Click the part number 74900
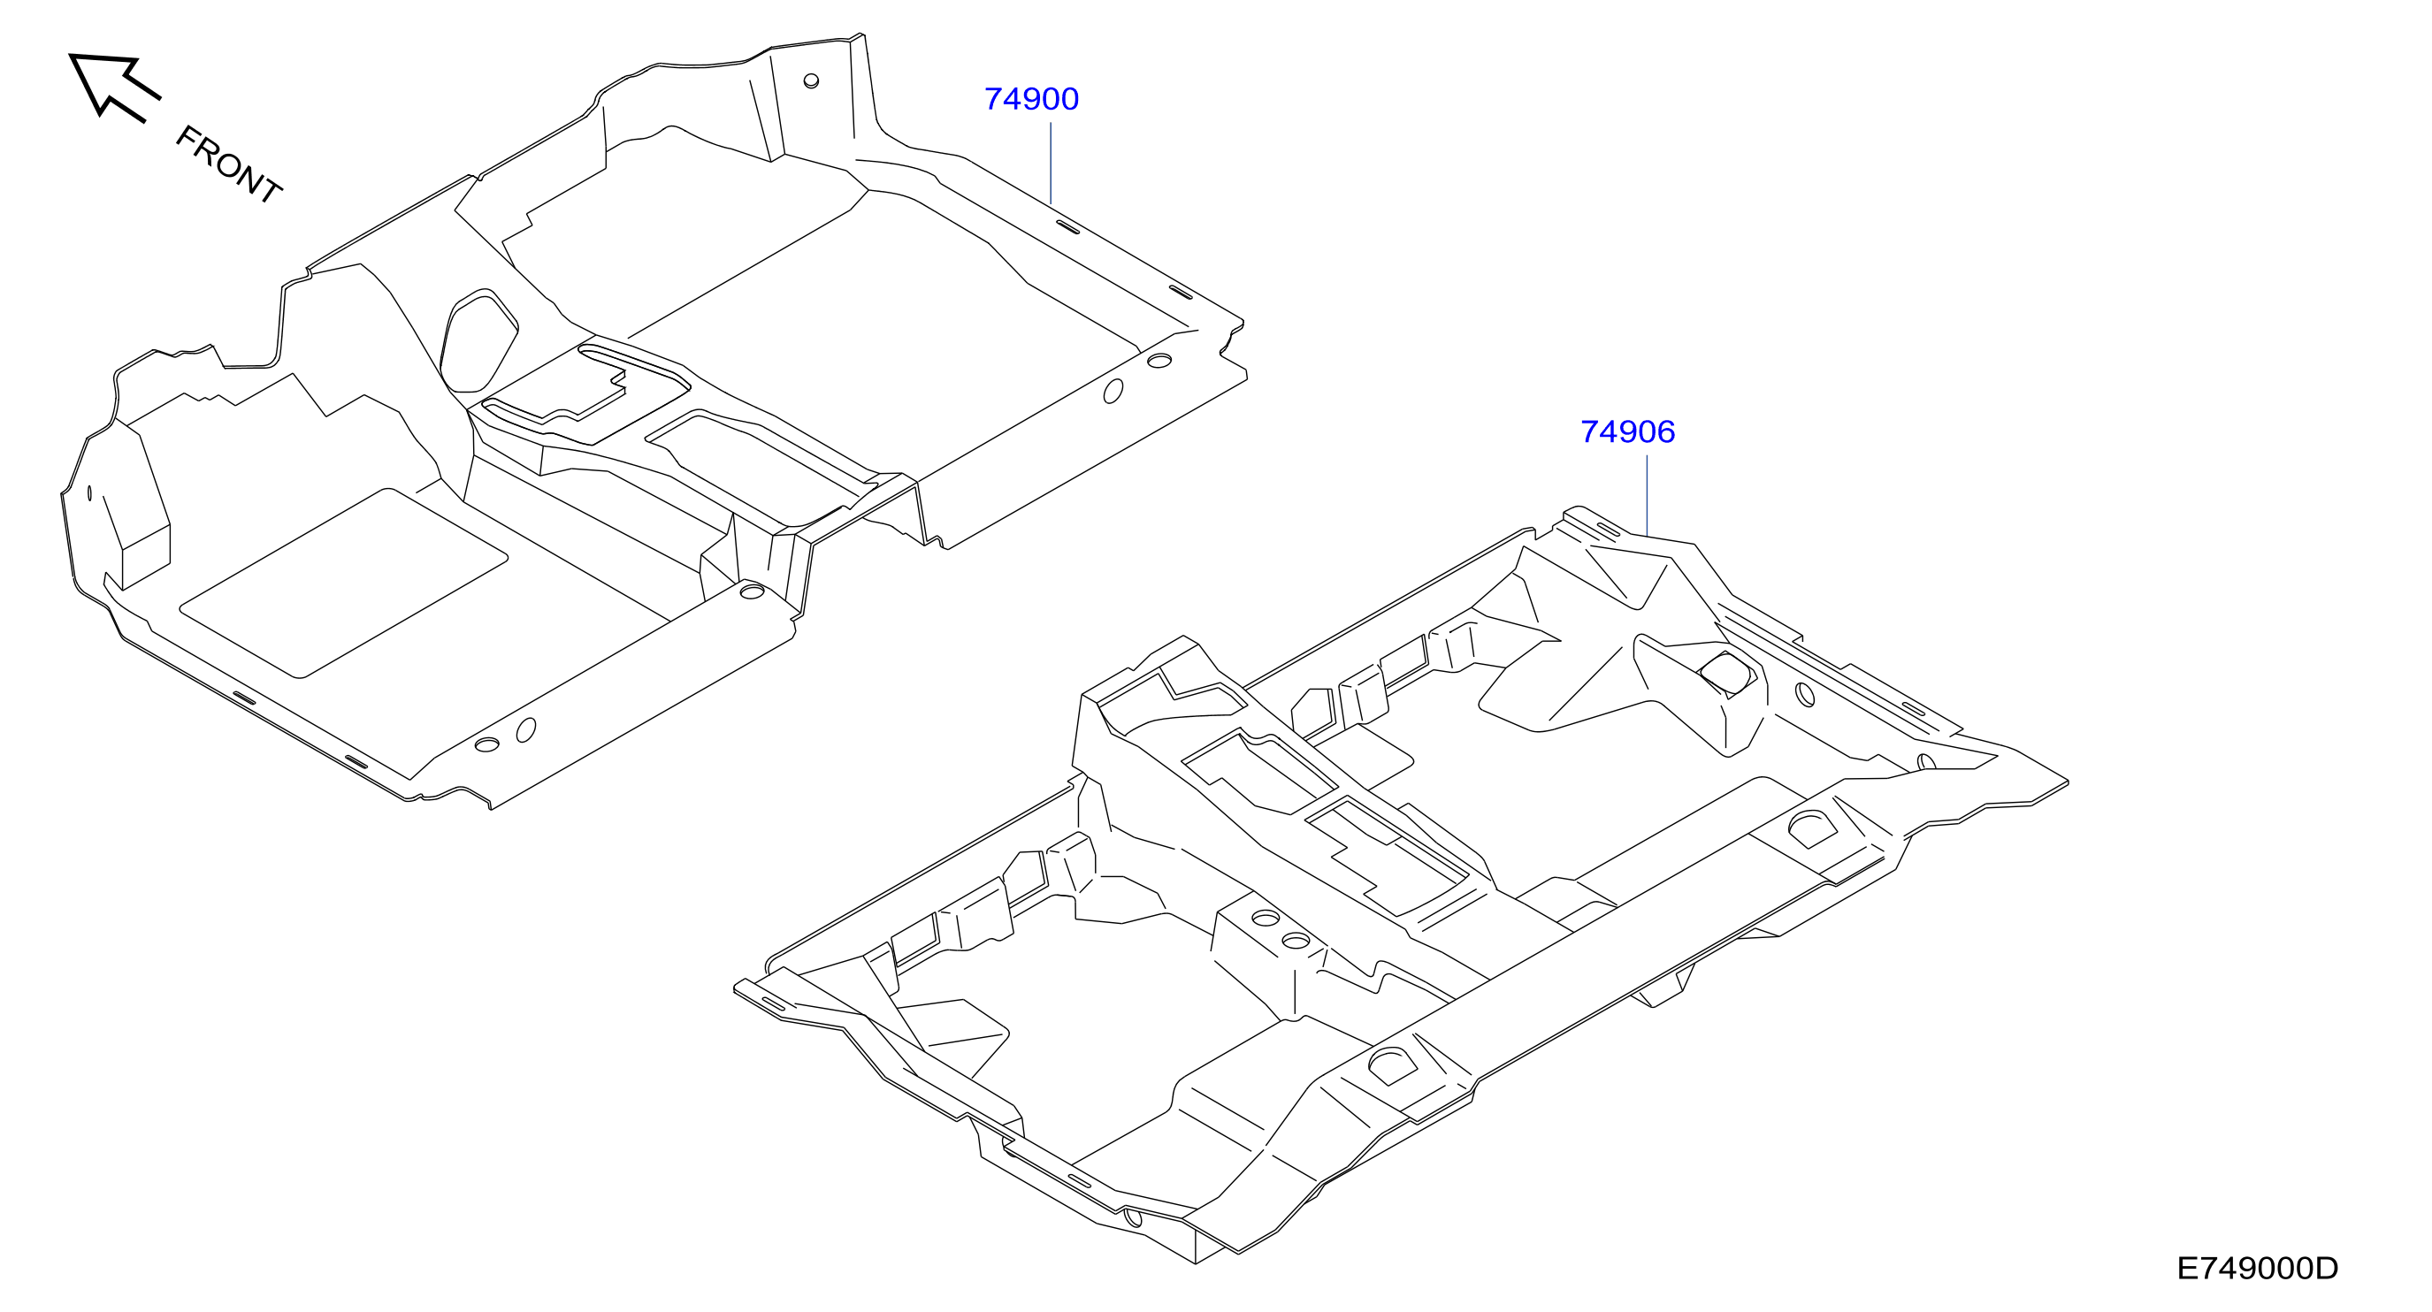click(x=1031, y=99)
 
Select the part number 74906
click(x=1627, y=431)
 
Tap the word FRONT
click(x=228, y=164)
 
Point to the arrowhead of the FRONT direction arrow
click(x=102, y=78)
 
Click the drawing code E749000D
click(x=2258, y=1268)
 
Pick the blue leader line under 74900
click(x=1051, y=163)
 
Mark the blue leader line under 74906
click(x=1648, y=496)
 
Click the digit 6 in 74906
click(x=1665, y=431)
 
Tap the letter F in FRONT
click(x=186, y=138)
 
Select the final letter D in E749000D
click(x=2328, y=1268)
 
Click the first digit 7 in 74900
click(x=993, y=99)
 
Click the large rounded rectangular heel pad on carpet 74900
click(x=344, y=583)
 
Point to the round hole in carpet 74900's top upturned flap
click(x=811, y=80)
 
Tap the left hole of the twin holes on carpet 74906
click(x=1266, y=918)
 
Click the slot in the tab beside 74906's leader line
click(x=1608, y=530)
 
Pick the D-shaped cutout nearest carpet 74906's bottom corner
click(x=1393, y=1064)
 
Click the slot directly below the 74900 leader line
click(x=1067, y=227)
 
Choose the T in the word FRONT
click(x=269, y=190)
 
